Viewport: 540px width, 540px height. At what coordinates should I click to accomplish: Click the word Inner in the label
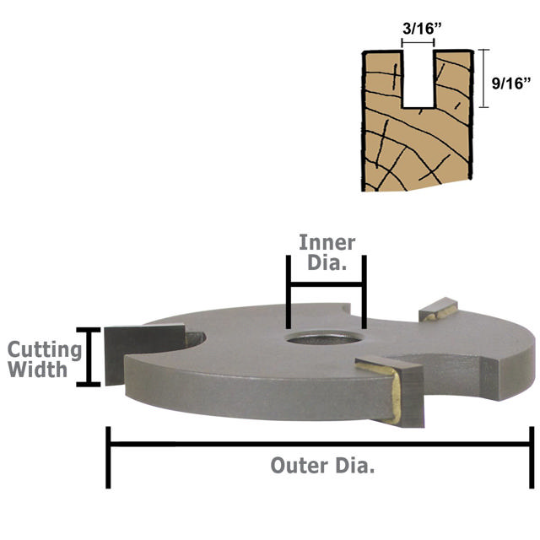click(x=327, y=243)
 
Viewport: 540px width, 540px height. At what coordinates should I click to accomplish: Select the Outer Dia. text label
click(x=322, y=465)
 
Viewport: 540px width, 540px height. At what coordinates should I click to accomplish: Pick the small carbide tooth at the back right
click(x=440, y=310)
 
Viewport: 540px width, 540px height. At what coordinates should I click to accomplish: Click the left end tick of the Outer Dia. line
click(x=109, y=456)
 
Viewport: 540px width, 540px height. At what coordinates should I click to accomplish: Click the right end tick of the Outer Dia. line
click(x=529, y=456)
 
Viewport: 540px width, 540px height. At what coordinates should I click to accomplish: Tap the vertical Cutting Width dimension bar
click(x=84, y=356)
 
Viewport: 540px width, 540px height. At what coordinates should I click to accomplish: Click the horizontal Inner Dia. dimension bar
click(x=326, y=286)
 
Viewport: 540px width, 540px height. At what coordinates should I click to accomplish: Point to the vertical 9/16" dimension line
click(x=483, y=78)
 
